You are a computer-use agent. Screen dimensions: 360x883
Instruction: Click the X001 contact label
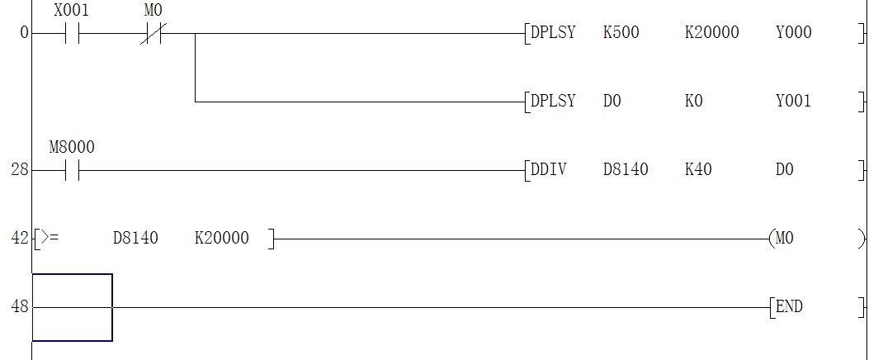(x=70, y=12)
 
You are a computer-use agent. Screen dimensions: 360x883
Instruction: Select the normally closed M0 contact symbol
(x=152, y=34)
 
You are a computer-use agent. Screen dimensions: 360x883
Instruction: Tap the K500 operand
(x=621, y=33)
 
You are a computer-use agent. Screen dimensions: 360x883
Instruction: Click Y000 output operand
(x=793, y=33)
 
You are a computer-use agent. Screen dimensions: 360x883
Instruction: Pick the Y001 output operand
(x=793, y=102)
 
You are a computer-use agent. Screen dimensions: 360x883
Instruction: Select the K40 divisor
(x=698, y=170)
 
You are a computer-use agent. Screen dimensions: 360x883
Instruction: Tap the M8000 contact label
(x=72, y=148)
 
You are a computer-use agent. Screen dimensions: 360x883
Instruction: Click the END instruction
(x=789, y=307)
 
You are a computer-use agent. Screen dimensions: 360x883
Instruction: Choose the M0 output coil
(x=784, y=239)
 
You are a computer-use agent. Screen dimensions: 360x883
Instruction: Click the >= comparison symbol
(x=50, y=239)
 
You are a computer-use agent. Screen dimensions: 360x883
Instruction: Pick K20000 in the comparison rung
(x=221, y=239)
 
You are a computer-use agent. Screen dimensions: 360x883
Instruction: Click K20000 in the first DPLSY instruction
(x=711, y=33)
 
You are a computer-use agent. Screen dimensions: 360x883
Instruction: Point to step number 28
(x=19, y=170)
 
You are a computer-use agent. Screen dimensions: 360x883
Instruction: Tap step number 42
(x=19, y=239)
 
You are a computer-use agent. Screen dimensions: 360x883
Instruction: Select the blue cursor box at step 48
(x=72, y=307)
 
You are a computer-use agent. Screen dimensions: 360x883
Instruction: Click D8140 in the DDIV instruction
(x=626, y=170)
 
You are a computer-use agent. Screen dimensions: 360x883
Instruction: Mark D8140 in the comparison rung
(x=135, y=239)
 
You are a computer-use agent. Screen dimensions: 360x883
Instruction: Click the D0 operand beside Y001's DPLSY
(x=611, y=102)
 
